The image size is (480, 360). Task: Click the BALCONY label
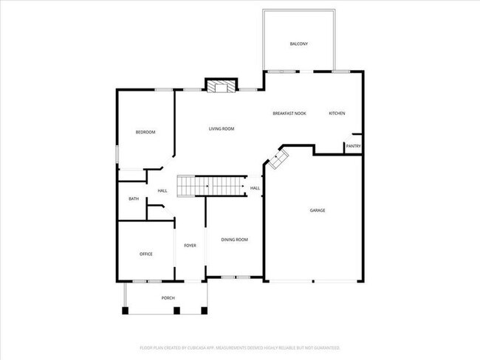pyautogui.click(x=298, y=44)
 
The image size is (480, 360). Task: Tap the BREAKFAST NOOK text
pyautogui.click(x=289, y=113)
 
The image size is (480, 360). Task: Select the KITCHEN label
pyautogui.click(x=337, y=113)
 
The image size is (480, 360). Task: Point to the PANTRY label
pyautogui.click(x=353, y=146)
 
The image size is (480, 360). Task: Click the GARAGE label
pyautogui.click(x=317, y=210)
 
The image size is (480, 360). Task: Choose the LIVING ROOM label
pyautogui.click(x=221, y=129)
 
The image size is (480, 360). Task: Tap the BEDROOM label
pyautogui.click(x=145, y=132)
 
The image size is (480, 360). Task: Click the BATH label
pyautogui.click(x=134, y=198)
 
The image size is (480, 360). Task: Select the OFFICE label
pyautogui.click(x=146, y=254)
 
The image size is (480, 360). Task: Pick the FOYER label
pyautogui.click(x=190, y=245)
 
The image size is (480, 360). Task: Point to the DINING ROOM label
pyautogui.click(x=235, y=239)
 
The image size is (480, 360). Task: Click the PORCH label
pyautogui.click(x=168, y=297)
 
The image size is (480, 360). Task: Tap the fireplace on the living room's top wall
pyautogui.click(x=220, y=87)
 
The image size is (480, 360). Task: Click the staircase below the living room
pyautogui.click(x=210, y=186)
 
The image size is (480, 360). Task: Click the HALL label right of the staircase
pyautogui.click(x=255, y=188)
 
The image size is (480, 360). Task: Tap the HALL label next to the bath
pyautogui.click(x=162, y=191)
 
